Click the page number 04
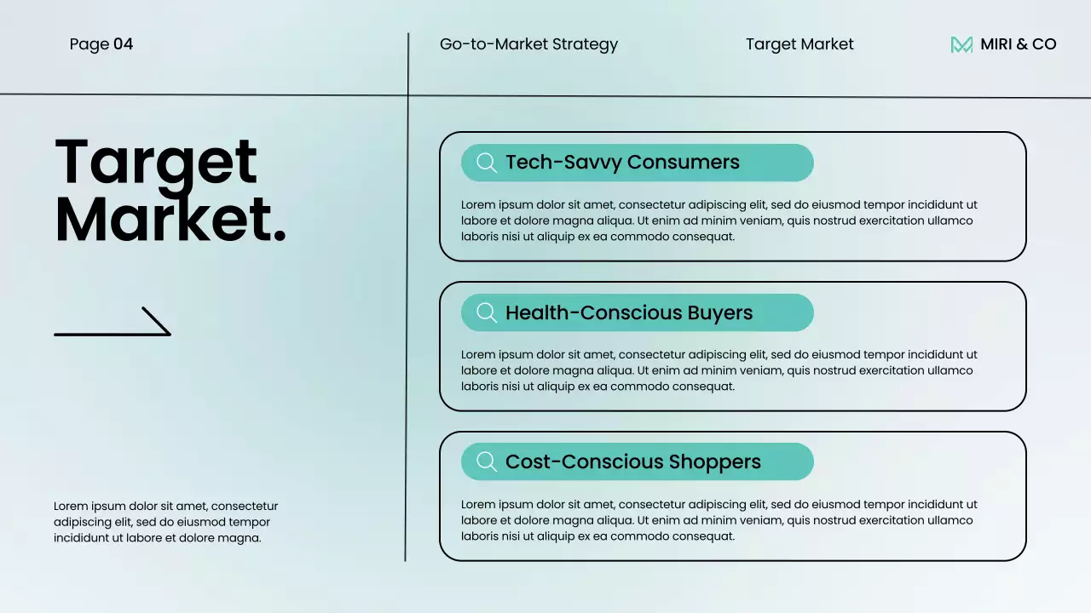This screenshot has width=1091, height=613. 123,44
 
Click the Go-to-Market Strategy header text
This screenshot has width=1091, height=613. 528,44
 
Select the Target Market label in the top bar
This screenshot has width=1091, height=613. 799,44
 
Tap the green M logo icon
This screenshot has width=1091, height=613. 961,45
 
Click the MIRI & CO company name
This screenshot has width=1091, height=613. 1018,44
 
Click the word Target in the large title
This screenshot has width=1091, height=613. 156,163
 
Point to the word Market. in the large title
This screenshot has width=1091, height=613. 170,219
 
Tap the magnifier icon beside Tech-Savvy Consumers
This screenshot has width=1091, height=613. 487,163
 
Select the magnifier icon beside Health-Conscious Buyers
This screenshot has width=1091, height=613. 487,312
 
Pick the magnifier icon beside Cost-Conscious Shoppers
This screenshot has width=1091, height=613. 487,461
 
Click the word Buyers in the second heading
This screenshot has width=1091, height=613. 720,312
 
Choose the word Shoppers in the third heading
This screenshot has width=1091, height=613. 714,462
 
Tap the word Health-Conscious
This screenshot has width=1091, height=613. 594,312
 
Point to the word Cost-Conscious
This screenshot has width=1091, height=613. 585,461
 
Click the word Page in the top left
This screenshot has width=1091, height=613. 89,45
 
